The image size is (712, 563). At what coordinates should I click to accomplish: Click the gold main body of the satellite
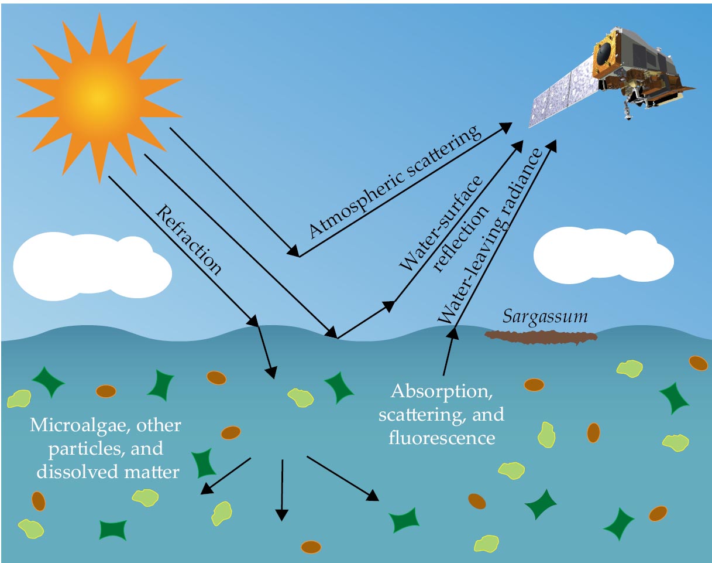[x=614, y=59]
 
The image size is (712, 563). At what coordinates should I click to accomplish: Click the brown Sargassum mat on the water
[x=541, y=337]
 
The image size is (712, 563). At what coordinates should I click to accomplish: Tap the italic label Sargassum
[x=545, y=318]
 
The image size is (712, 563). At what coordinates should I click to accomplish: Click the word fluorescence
[x=442, y=437]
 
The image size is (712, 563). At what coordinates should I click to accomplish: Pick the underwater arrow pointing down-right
[x=343, y=478]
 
